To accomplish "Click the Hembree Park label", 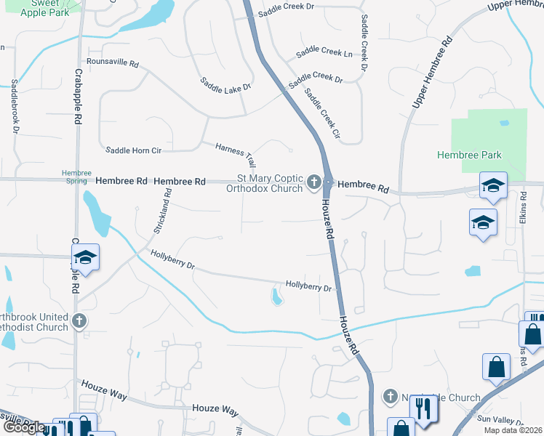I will (x=479, y=155).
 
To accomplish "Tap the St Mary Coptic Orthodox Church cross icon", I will (x=314, y=181).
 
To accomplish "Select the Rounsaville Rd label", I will (x=112, y=63).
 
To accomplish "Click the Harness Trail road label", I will (x=236, y=153).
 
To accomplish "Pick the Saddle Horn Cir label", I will (x=133, y=150).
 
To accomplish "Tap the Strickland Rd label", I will (x=162, y=211).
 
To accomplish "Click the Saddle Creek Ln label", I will (x=324, y=53).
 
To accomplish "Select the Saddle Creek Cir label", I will (x=322, y=115).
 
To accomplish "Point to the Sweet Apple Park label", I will (x=50, y=8).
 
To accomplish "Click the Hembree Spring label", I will (x=76, y=177).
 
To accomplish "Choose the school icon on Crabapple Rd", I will (x=85, y=257).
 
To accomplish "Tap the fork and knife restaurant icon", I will (x=422, y=411).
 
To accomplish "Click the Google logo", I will (x=24, y=427).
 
